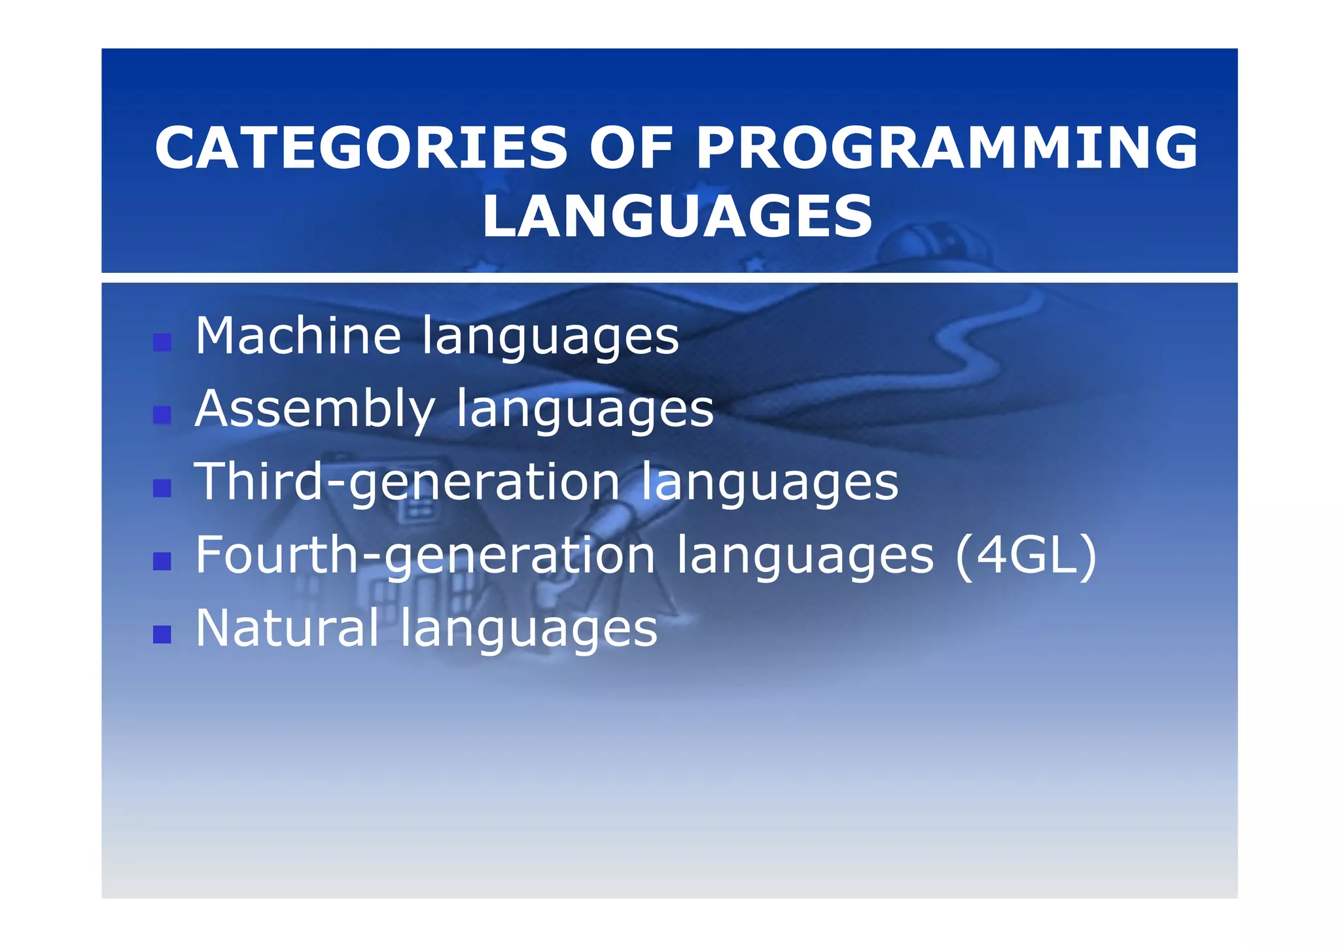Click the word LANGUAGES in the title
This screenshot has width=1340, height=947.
point(677,217)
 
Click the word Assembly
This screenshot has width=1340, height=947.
point(315,409)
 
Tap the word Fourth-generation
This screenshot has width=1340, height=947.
point(425,556)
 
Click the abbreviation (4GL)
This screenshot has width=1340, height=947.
point(1025,556)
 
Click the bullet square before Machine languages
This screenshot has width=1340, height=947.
point(162,342)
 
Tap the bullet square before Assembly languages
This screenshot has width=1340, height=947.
point(162,415)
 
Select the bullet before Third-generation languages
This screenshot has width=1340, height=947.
point(162,488)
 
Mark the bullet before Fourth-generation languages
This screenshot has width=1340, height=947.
point(162,562)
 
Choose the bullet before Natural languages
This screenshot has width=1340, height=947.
point(162,634)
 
